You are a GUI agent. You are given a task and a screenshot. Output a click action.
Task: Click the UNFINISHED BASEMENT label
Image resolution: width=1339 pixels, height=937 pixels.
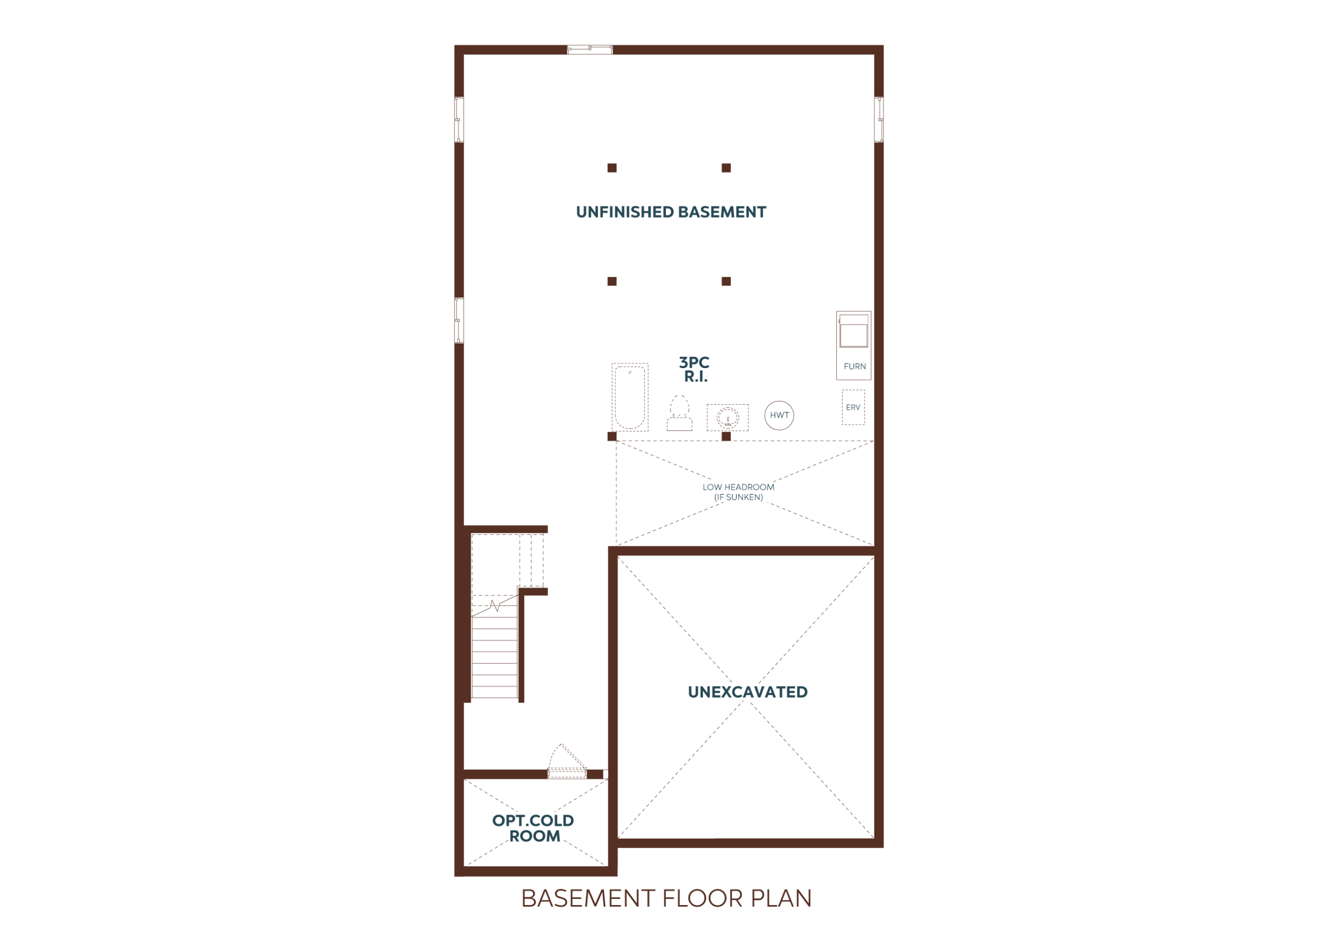671,212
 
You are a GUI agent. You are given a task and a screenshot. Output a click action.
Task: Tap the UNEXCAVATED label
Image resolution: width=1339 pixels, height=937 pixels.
747,692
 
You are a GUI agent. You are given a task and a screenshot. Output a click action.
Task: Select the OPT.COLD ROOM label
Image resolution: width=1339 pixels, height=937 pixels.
533,829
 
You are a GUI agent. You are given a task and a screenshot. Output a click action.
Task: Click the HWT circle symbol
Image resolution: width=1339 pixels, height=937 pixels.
779,415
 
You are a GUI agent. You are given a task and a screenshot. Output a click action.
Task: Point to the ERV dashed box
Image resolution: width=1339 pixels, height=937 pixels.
853,407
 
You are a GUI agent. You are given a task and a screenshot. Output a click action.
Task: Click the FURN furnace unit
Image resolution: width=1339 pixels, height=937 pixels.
854,345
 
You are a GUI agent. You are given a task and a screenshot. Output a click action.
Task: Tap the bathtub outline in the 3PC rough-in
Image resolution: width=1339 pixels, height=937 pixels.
630,397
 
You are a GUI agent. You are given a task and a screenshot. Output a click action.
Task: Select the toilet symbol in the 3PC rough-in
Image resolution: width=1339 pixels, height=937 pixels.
679,413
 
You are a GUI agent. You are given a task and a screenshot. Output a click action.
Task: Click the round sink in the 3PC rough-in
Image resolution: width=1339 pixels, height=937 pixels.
728,417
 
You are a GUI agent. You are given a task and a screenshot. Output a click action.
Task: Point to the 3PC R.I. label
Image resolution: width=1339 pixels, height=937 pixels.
695,370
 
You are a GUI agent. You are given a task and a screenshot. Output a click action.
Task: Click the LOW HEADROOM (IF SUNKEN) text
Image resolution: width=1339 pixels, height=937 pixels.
739,492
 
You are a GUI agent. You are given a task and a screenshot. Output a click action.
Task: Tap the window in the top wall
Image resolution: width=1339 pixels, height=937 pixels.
589,50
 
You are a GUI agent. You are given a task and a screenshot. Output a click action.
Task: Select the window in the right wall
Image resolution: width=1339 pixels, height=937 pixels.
879,120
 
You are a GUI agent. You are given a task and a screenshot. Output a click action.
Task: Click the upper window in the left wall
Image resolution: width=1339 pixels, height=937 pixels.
459,120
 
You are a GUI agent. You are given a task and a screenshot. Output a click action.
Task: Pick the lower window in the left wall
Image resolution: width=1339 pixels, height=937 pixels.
459,320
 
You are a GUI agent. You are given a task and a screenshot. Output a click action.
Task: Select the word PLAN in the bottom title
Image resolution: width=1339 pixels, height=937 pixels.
781,898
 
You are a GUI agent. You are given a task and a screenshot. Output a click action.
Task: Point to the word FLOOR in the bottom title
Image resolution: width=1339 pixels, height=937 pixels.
703,898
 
